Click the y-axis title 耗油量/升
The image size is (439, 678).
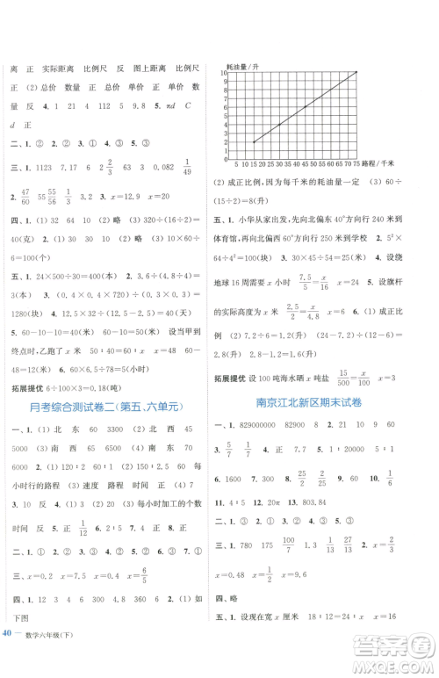(x=244, y=68)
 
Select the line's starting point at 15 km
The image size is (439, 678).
(x=254, y=142)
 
